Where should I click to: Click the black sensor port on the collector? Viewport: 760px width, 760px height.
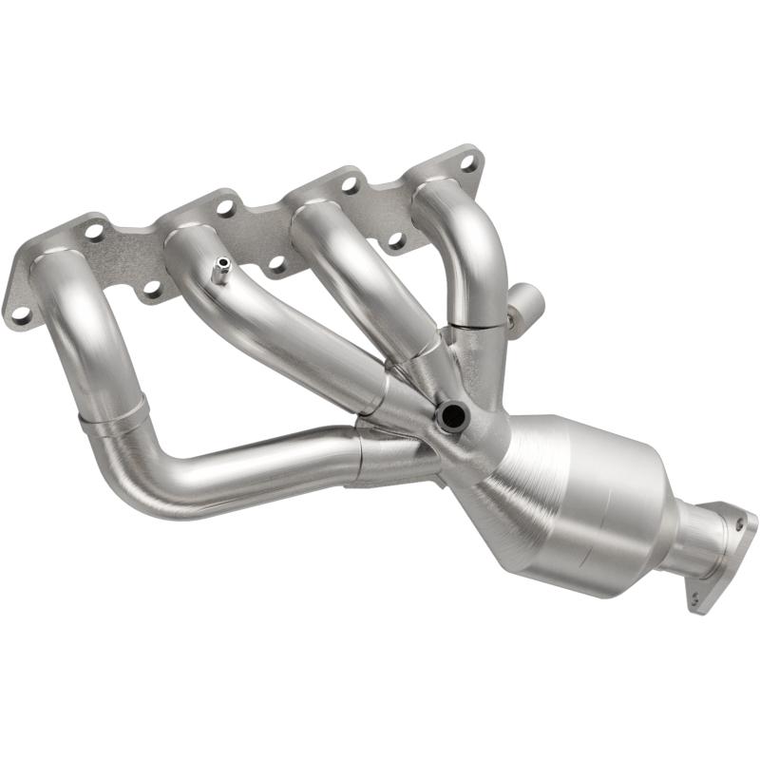[x=450, y=414]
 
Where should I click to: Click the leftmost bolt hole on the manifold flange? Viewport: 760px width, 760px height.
[x=17, y=311]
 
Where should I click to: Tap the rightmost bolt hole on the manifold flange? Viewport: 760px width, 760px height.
[x=467, y=163]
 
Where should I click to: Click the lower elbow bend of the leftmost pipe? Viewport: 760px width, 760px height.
[x=142, y=475]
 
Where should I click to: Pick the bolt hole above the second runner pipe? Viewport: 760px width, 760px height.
[x=225, y=205]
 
